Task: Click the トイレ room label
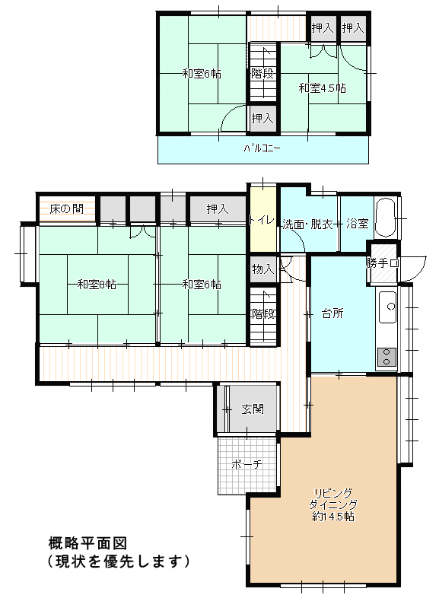[x=262, y=221]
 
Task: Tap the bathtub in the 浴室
[x=386, y=218]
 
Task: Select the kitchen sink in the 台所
[x=387, y=307]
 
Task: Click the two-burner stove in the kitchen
[x=387, y=358]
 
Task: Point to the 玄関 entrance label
[x=253, y=409]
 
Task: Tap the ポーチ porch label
[x=247, y=465]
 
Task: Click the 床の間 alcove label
[x=67, y=209]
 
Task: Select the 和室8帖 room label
[x=97, y=284]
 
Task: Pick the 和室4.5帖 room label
[x=323, y=88]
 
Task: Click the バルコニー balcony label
[x=262, y=148]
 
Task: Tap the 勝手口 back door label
[x=383, y=262]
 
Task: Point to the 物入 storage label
[x=263, y=269]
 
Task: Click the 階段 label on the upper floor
[x=262, y=73]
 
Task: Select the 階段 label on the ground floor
[x=263, y=314]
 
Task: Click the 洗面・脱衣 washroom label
[x=308, y=224]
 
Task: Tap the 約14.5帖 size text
[x=333, y=517]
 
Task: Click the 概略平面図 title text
[x=87, y=542]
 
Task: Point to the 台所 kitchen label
[x=332, y=313]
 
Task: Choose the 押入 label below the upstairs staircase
[x=262, y=119]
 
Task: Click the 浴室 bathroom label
[x=358, y=224]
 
